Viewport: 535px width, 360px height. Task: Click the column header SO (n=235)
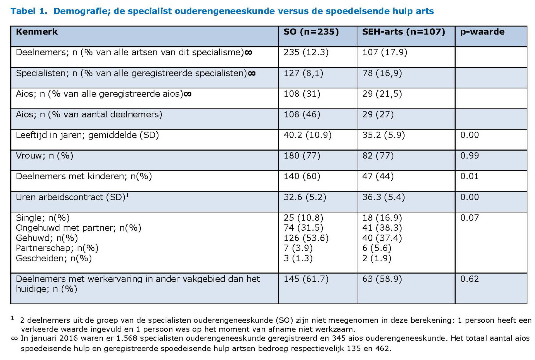pos(311,32)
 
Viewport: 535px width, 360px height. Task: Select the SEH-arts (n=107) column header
pos(403,32)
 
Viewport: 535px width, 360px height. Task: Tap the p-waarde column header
pos(482,32)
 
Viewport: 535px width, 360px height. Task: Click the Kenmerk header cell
pos(37,32)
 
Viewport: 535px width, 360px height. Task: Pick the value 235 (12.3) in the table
pos(306,52)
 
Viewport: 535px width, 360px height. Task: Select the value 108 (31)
pos(302,94)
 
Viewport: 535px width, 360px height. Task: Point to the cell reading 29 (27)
pos(378,115)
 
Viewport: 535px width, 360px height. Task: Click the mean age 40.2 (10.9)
pos(307,135)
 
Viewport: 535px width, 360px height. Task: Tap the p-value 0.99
pos(470,156)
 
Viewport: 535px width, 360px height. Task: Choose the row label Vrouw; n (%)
pos(45,156)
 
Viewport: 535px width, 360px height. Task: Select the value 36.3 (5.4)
pos(383,197)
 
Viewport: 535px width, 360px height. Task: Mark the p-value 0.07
pos(470,218)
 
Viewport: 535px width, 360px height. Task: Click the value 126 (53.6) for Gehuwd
pos(306,238)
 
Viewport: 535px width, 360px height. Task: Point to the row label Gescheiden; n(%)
pos(54,258)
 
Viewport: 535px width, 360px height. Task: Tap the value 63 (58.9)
pos(382,279)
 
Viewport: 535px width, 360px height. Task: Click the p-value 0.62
pos(470,279)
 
